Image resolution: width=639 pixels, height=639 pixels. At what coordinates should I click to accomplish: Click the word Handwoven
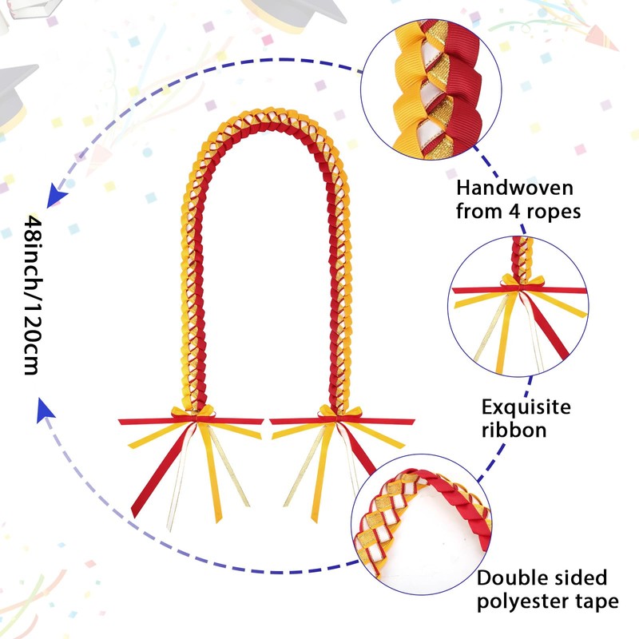503,189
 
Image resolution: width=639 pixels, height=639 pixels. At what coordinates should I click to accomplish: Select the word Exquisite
526,407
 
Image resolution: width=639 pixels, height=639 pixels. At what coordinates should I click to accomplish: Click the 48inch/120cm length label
32,296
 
